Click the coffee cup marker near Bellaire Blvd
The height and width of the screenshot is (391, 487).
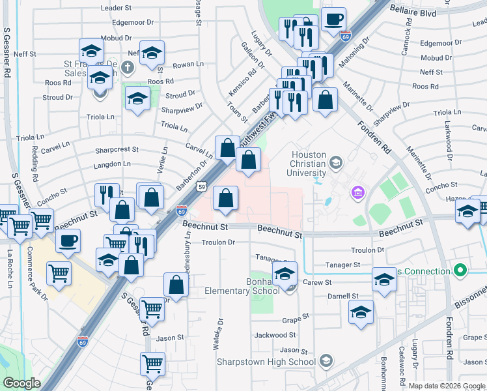[x=333, y=20]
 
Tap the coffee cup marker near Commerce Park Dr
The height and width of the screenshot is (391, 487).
[x=68, y=242]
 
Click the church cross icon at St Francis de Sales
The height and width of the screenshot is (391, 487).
[x=128, y=66]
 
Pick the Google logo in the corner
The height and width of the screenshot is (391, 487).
[x=22, y=383]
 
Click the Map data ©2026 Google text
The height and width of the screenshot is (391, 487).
[x=447, y=386]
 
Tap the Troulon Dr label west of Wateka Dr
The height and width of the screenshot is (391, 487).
[x=217, y=242]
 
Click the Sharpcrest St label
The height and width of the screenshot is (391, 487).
[x=117, y=149]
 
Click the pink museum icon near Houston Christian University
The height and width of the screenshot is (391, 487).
[x=356, y=192]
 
